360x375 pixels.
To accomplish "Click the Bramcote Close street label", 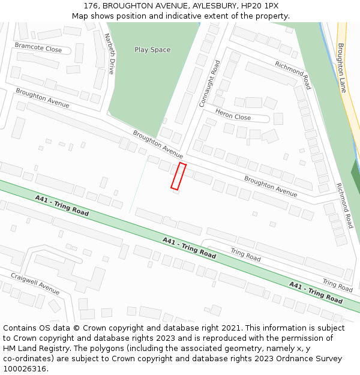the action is click(x=38, y=48).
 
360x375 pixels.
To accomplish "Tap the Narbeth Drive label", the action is click(x=110, y=53).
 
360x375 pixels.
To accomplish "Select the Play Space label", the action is click(x=152, y=50).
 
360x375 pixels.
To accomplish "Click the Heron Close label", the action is click(x=233, y=116).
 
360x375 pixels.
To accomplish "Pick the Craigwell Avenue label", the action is click(x=35, y=283).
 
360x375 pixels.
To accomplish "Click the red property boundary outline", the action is click(x=178, y=176).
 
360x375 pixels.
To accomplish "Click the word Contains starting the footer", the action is click(x=21, y=328).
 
